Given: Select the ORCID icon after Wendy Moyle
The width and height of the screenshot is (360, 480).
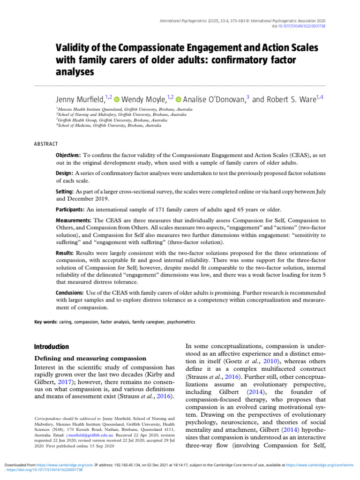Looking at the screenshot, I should pyautogui.click(x=179, y=99).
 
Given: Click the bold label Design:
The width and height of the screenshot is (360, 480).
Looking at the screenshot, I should pyautogui.click(x=64, y=173).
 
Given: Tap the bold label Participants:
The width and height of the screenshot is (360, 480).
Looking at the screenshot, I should pyautogui.click(x=70, y=210).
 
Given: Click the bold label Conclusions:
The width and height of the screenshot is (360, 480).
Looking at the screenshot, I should pyautogui.click(x=70, y=292).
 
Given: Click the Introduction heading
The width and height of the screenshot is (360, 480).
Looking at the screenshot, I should pyautogui.click(x=52, y=347).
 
